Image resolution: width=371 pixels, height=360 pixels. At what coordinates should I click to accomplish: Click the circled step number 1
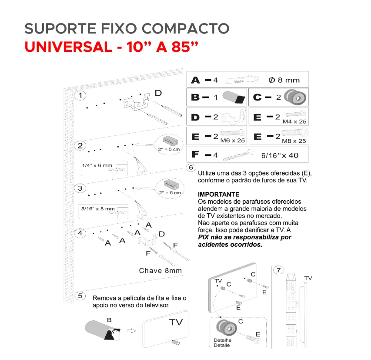point(80,95)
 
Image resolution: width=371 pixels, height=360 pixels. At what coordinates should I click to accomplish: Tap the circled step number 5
point(80,296)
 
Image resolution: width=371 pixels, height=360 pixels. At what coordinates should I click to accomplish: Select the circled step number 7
point(278,270)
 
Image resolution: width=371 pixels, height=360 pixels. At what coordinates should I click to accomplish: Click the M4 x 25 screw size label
point(294,121)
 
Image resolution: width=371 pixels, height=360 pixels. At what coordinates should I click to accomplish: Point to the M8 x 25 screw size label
point(294,141)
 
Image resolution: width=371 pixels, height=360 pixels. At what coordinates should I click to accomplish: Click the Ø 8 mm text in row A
point(284,80)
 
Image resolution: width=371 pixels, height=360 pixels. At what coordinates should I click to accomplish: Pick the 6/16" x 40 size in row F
point(280,155)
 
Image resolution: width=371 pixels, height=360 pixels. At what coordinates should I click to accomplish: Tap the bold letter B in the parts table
point(195,97)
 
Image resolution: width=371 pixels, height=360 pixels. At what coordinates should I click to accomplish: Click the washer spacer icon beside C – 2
point(295,97)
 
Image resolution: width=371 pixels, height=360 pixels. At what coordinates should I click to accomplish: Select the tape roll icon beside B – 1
point(234,97)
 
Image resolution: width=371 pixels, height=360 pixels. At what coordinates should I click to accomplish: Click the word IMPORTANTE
point(219,194)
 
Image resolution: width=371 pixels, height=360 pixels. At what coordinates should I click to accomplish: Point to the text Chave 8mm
point(160,270)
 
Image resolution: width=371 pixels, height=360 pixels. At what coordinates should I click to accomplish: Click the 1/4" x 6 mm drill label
point(97,165)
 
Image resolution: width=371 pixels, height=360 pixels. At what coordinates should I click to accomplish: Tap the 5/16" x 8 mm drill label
point(98,209)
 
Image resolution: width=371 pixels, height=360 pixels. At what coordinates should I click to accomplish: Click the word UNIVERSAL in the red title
point(69,47)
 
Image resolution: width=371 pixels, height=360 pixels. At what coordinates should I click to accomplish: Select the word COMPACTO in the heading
point(185,28)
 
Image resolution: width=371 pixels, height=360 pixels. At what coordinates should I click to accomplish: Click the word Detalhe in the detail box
point(223,340)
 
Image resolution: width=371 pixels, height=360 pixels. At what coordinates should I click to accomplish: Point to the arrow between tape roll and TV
point(131,331)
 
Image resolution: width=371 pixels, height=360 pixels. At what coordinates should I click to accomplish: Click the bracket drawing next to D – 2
point(234,117)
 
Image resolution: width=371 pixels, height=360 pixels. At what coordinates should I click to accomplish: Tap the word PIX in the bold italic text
point(204,237)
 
